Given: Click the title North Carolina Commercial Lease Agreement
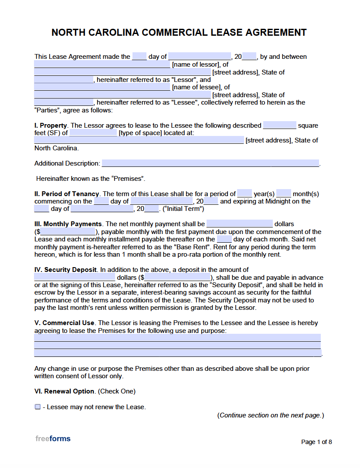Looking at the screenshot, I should [x=179, y=33].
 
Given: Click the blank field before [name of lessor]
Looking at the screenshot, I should [x=102, y=64].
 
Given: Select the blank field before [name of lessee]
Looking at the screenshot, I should [x=102, y=87].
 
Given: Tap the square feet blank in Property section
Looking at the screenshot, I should [x=279, y=125].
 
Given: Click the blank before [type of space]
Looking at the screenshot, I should [x=93, y=133].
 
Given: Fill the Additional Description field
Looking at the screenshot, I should [x=210, y=163].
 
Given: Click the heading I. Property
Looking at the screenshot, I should [x=51, y=125].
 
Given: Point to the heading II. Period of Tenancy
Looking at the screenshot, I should [x=67, y=194].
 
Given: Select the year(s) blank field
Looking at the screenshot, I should [x=245, y=193].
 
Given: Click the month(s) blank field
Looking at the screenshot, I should [x=283, y=193].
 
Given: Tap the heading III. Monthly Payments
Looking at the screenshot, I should [x=68, y=224].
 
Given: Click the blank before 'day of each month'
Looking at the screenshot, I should [x=224, y=239].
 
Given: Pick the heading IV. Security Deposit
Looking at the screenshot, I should [x=66, y=270].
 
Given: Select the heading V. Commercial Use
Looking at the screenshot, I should [x=65, y=323].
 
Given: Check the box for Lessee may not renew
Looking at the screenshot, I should [x=37, y=407].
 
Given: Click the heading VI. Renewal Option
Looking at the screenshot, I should [x=65, y=391].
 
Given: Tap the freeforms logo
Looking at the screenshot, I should [x=53, y=439].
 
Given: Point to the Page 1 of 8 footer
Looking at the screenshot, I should [x=316, y=442].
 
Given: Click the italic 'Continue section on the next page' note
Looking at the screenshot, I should [x=270, y=415].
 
